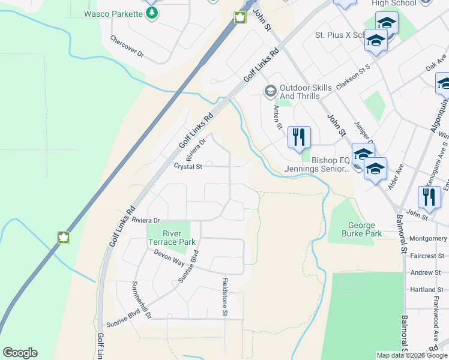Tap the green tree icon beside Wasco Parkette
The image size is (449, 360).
[152, 13]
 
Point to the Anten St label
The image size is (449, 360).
[277, 117]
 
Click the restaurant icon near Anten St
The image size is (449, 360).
[298, 137]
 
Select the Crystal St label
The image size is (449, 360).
[187, 166]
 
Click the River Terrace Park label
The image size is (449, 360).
[171, 238]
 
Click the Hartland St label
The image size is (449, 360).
[426, 289]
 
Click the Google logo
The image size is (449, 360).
[20, 353]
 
